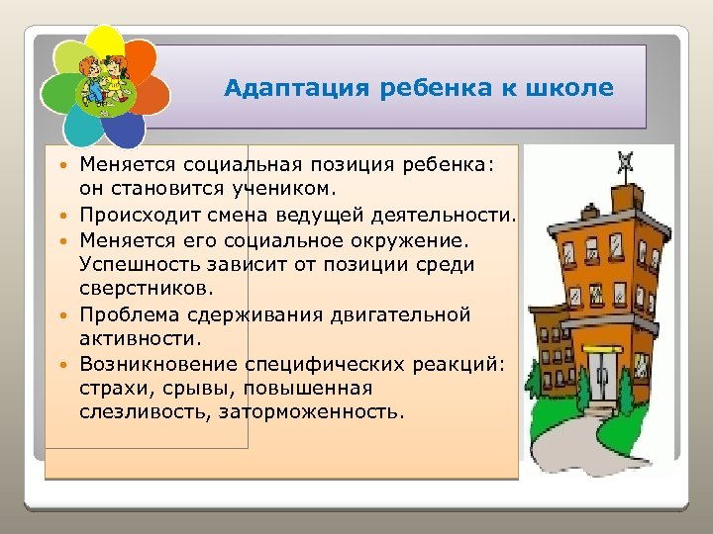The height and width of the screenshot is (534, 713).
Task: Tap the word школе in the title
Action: [571, 89]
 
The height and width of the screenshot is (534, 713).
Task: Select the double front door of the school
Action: [606, 375]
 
